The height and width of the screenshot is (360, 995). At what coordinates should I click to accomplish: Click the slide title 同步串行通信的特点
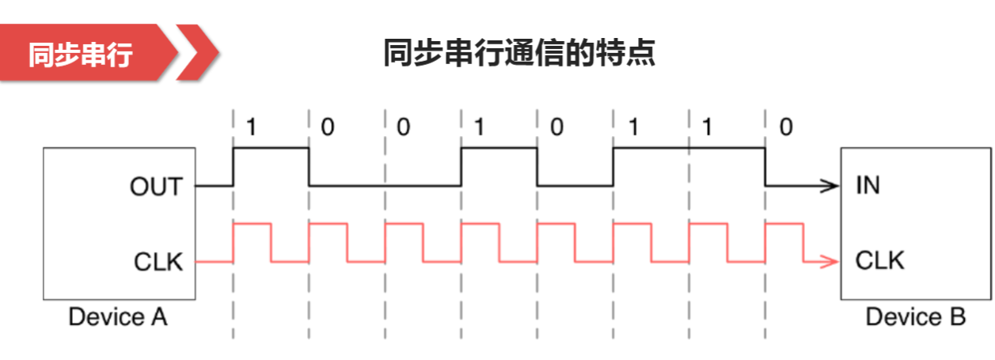tap(519, 54)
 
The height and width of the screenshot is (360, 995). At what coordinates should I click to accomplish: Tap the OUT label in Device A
tap(156, 187)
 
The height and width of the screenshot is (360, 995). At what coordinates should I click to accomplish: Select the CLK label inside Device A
tap(157, 261)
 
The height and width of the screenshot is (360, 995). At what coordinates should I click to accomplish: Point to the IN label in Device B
tap(868, 187)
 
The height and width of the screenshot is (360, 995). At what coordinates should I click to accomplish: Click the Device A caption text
tap(118, 318)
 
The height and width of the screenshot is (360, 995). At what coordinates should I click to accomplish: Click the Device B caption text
tap(915, 318)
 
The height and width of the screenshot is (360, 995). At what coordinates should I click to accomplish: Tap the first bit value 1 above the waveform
tap(251, 127)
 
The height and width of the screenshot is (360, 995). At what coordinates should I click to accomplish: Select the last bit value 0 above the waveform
tap(785, 127)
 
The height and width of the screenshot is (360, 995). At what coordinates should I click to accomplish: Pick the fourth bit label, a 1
tap(479, 127)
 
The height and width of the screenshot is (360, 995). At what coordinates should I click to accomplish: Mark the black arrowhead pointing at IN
tap(830, 187)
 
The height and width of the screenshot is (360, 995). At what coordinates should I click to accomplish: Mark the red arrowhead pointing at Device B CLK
tap(830, 261)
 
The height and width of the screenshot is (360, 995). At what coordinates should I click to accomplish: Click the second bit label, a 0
tap(328, 127)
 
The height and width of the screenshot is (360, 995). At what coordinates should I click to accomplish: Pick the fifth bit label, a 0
tap(556, 127)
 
